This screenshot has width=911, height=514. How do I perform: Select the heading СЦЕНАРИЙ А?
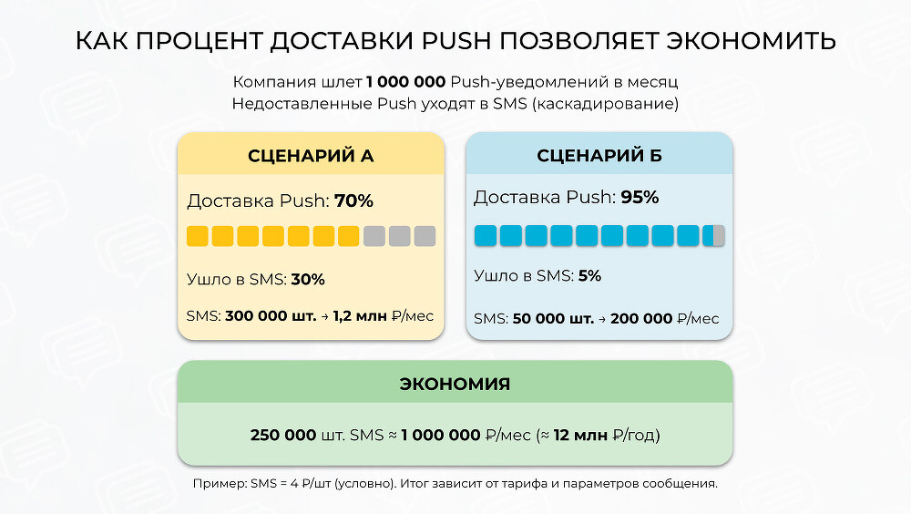(311, 156)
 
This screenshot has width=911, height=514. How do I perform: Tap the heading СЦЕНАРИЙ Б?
(599, 156)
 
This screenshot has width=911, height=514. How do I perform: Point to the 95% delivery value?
(640, 198)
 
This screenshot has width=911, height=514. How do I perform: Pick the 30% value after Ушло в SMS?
(308, 280)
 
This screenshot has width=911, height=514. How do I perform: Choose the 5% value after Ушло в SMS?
(589, 275)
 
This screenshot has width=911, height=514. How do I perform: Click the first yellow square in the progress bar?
(198, 237)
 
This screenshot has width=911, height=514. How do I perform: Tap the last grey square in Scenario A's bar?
(425, 237)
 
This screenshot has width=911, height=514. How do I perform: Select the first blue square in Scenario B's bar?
(486, 236)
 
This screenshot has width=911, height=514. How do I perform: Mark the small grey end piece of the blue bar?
(720, 236)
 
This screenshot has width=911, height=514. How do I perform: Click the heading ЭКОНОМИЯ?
(455, 384)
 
